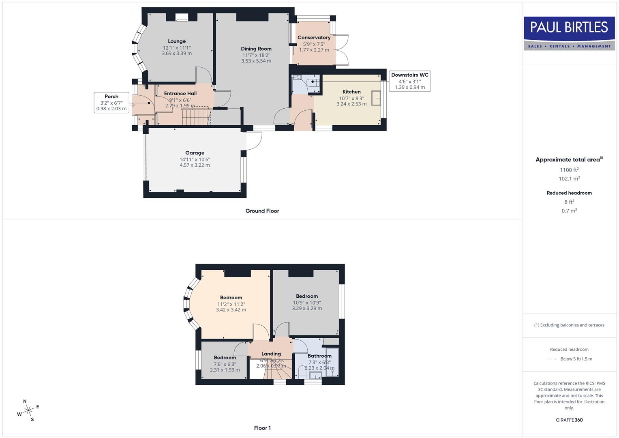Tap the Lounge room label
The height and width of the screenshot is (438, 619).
[177, 41]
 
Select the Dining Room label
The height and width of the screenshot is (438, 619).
[256, 49]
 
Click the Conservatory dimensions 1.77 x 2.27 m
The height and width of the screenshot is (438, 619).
[314, 50]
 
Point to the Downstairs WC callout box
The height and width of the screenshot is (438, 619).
[409, 81]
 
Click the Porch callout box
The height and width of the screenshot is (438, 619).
[111, 103]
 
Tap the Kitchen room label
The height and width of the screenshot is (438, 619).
[351, 92]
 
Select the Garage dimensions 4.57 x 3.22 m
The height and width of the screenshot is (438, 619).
[195, 165]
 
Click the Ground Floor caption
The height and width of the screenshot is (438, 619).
[262, 211]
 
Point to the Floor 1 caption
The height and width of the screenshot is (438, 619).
[262, 428]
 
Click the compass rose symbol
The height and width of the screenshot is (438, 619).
[28, 411]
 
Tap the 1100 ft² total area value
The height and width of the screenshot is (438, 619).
[569, 170]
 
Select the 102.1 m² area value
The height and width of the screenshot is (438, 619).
[569, 179]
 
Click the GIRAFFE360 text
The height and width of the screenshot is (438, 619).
[569, 420]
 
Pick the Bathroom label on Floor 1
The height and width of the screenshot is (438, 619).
[319, 356]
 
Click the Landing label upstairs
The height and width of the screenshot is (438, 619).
[271, 354]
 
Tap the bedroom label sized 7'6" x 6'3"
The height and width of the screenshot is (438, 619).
[225, 357]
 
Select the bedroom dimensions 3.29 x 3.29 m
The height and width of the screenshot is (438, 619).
[307, 308]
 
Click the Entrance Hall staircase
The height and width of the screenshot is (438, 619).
[196, 116]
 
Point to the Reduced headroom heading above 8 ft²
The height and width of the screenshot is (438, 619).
[569, 193]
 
